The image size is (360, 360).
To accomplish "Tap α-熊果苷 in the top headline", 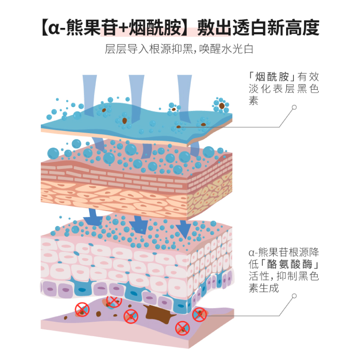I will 83,28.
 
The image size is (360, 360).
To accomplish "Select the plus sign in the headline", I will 122,28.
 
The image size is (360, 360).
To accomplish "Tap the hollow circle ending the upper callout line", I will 294,108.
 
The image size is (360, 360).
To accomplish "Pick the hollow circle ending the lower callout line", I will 294,296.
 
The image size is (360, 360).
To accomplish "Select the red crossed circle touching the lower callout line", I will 199,315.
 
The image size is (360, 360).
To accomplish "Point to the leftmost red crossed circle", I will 82,309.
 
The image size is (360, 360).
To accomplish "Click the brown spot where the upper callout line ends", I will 180,127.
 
